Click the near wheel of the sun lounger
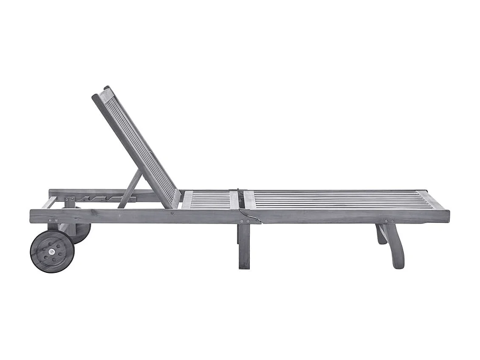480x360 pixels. coord(52,251)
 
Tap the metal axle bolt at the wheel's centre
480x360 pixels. coord(52,252)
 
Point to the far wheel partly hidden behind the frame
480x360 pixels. coord(82,233)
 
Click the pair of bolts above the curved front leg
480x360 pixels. coord(389,221)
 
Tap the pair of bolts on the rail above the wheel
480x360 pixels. coord(53,221)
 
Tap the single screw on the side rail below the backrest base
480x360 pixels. coord(172,213)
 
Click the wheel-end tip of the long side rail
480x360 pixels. coord(32,216)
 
